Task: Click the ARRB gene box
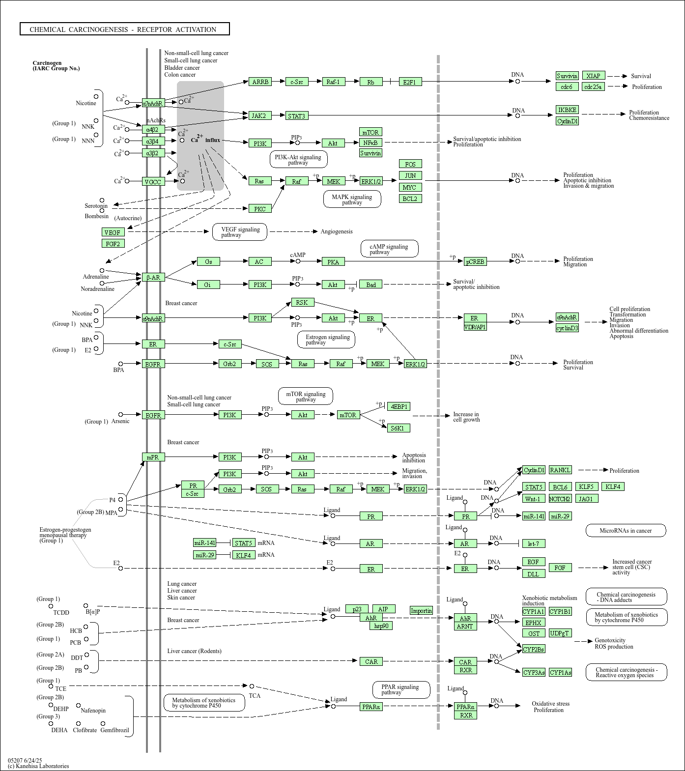click(x=260, y=82)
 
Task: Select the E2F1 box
click(x=409, y=82)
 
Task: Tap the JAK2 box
click(x=258, y=115)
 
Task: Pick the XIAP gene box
click(x=593, y=76)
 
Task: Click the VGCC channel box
click(x=153, y=181)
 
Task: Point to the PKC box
click(x=260, y=208)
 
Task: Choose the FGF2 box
click(x=113, y=243)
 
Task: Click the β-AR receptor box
click(x=153, y=277)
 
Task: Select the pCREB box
click(x=475, y=261)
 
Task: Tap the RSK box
click(x=302, y=302)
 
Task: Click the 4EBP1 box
click(x=398, y=406)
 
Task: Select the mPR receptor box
click(x=153, y=457)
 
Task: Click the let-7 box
click(x=533, y=543)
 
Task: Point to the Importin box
click(x=421, y=610)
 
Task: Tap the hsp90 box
click(x=381, y=626)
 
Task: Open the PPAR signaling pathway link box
click(x=400, y=689)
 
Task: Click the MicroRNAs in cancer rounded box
click(x=626, y=530)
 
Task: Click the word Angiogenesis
click(x=337, y=231)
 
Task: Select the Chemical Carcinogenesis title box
click(x=124, y=29)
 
